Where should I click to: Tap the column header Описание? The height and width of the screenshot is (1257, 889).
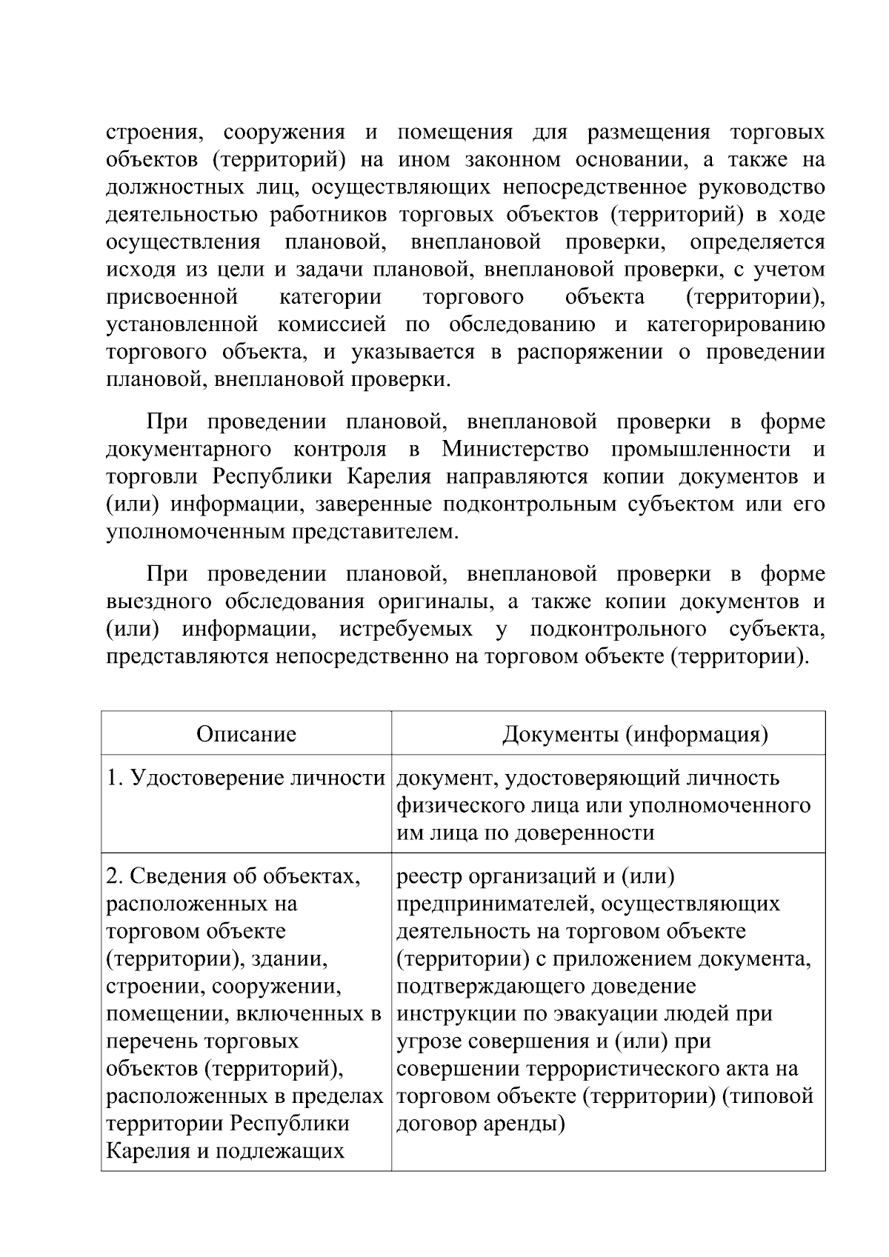click(x=246, y=734)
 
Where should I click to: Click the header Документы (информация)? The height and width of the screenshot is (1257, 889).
click(x=635, y=734)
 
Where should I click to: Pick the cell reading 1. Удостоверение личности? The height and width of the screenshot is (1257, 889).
click(x=246, y=778)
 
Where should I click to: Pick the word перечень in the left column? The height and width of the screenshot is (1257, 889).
click(x=151, y=1041)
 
